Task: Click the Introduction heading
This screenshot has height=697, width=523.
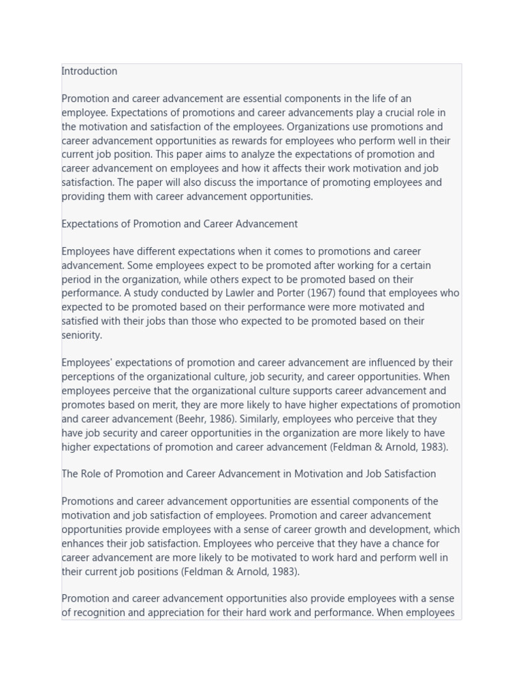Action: coord(89,71)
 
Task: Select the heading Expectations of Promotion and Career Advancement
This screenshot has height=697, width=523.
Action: coord(179,224)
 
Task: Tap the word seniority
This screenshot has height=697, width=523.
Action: coord(81,335)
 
